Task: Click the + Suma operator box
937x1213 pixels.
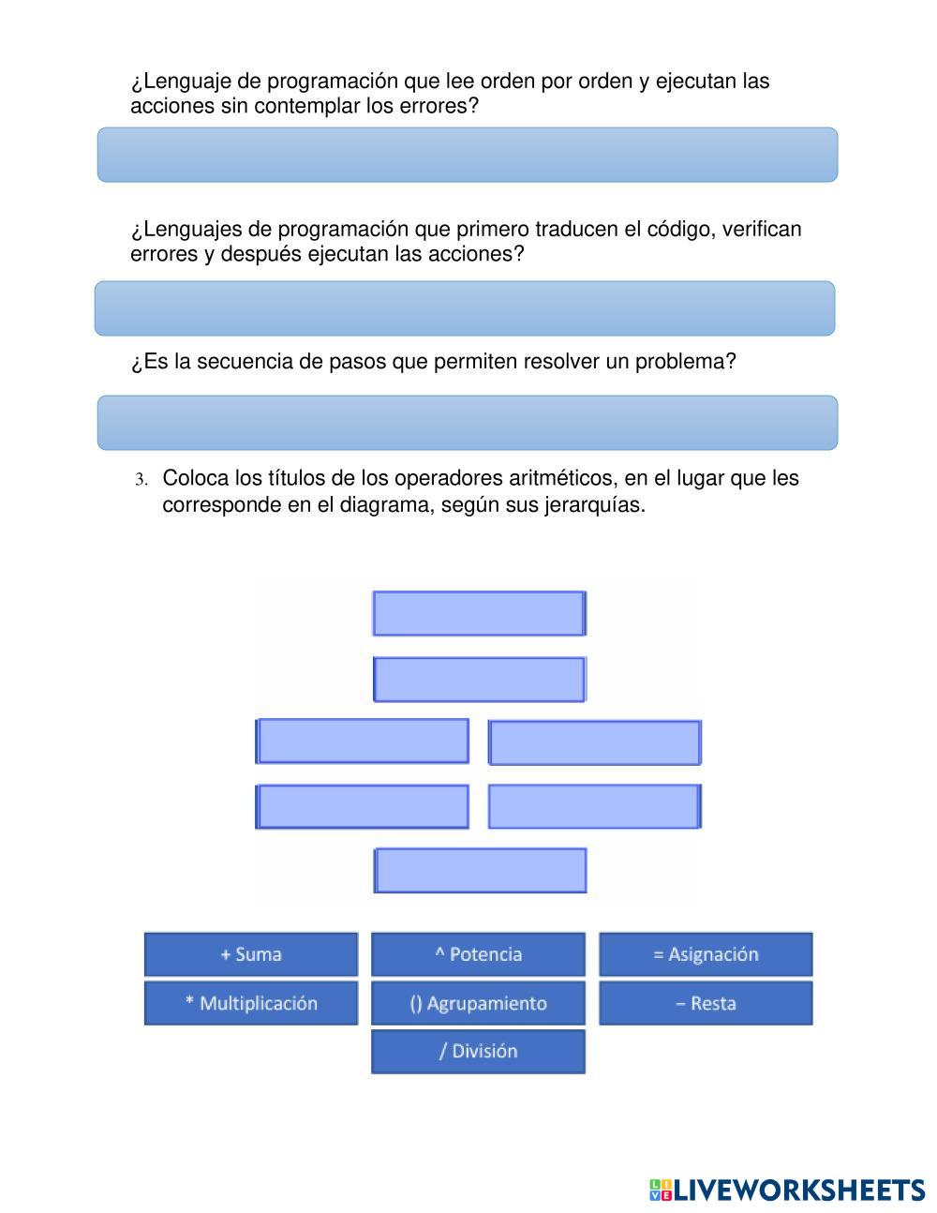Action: (x=251, y=954)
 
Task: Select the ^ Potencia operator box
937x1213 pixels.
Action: (x=479, y=954)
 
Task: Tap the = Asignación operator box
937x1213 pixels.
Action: (x=706, y=954)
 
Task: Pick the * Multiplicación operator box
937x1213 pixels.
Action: (x=251, y=1003)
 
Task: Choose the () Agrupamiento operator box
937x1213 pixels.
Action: (x=479, y=1003)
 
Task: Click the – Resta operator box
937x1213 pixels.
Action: (x=706, y=1003)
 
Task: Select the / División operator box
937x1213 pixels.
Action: (x=479, y=1052)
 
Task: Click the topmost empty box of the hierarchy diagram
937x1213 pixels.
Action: (x=480, y=613)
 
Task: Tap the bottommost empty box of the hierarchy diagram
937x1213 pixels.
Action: (x=480, y=870)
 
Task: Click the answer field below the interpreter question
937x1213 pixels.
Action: (x=468, y=155)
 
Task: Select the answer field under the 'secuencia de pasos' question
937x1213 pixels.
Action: (x=468, y=423)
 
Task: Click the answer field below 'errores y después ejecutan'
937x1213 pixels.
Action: (x=465, y=308)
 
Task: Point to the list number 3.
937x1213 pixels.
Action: (x=141, y=480)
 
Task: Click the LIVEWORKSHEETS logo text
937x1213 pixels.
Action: (x=800, y=1191)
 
